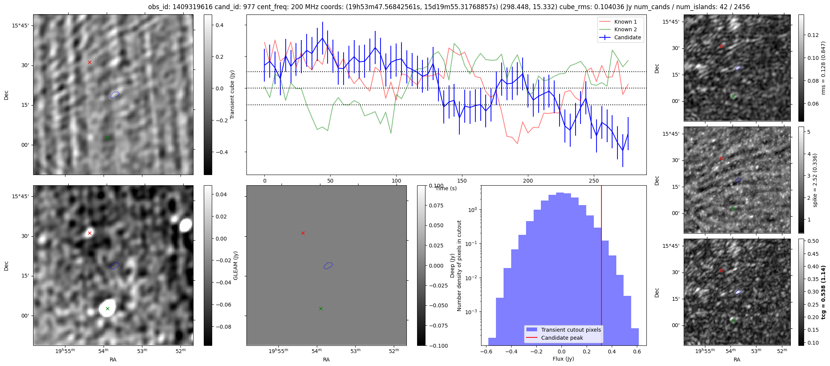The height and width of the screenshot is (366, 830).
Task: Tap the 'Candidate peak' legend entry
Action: coord(562,338)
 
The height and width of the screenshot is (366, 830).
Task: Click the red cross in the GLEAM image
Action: coord(90,233)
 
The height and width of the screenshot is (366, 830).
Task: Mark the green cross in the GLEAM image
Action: coord(107,308)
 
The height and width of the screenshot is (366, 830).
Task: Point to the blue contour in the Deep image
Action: coord(328,265)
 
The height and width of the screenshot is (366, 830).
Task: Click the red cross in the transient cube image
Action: coord(90,62)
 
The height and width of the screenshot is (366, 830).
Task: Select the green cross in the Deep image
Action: coord(321,308)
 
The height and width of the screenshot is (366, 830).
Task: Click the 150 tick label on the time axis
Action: coord(462,180)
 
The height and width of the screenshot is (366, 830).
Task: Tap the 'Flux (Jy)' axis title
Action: coord(563,359)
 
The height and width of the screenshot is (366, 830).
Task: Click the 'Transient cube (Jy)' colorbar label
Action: coord(232,95)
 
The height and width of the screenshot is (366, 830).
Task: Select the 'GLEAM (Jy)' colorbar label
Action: coord(235,265)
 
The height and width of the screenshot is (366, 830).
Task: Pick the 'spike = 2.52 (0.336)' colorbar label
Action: coord(815,180)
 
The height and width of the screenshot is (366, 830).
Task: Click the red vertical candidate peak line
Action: coord(601,267)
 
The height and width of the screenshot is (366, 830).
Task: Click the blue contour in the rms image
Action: coord(738,68)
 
